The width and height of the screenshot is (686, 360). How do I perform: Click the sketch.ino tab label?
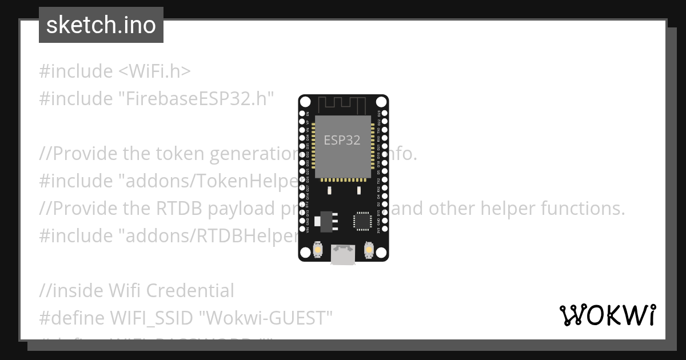tap(101, 26)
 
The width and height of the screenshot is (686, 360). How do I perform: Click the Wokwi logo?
tap(607, 315)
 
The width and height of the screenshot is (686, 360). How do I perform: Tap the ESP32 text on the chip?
tap(342, 140)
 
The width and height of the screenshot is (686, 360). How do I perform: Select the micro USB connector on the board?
tap(343, 255)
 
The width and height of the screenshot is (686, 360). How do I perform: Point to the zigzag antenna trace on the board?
tap(342, 105)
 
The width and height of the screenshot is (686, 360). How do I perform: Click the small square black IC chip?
tap(362, 221)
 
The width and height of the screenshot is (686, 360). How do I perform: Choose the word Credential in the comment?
tap(190, 291)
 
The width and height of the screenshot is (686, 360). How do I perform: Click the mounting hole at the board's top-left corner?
tap(305, 102)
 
